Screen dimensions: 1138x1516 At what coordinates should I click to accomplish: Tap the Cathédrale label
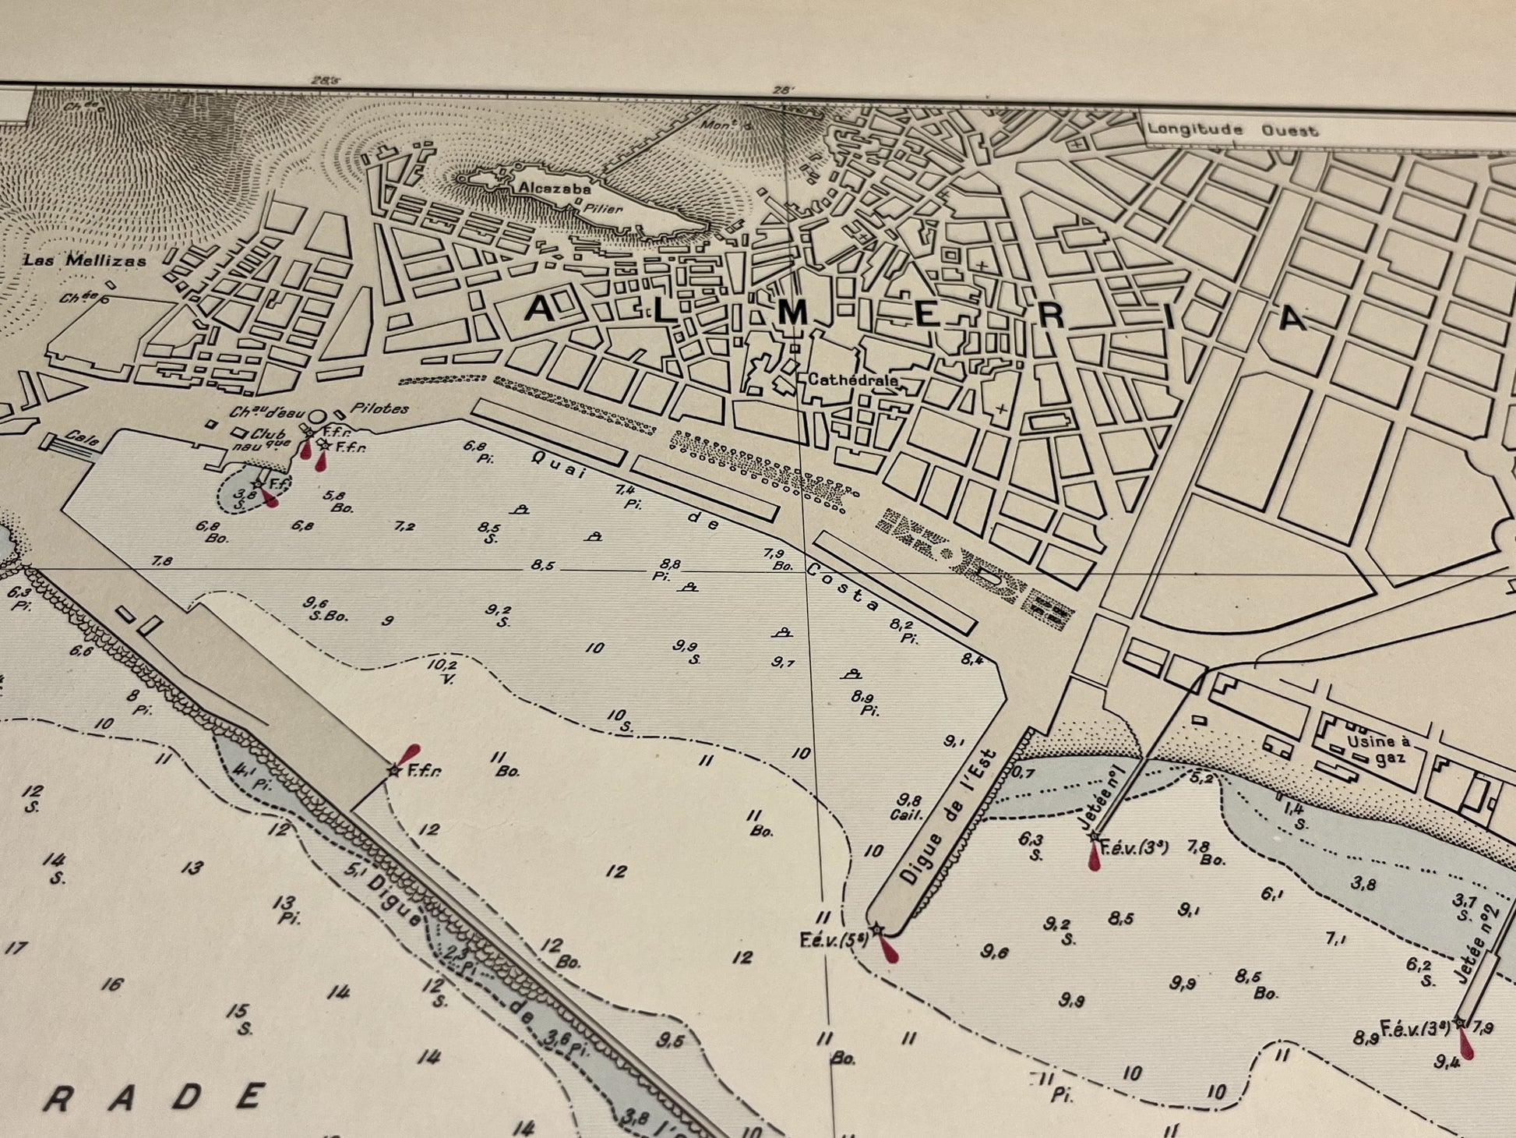(853, 380)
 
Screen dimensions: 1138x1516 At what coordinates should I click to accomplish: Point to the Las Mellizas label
(85, 260)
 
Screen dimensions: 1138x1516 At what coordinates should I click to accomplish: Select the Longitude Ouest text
(1232, 130)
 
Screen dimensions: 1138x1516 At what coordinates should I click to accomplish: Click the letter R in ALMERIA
(1049, 317)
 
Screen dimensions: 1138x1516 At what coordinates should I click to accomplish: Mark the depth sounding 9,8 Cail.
(909, 807)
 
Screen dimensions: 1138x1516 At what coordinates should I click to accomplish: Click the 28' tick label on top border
(782, 90)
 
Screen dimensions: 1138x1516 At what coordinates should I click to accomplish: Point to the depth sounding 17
(15, 949)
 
